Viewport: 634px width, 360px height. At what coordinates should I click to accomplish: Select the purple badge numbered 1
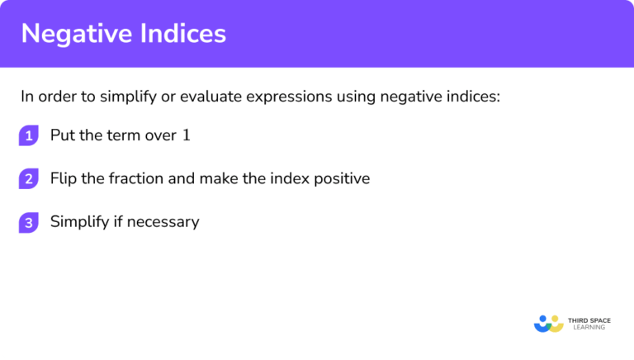[x=29, y=136]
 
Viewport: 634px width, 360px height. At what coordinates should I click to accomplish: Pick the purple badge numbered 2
[x=29, y=179]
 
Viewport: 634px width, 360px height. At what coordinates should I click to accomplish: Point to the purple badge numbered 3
[x=29, y=222]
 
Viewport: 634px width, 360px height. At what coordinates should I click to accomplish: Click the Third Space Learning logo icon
[x=548, y=323]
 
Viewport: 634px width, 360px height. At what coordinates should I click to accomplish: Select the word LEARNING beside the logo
[x=586, y=328]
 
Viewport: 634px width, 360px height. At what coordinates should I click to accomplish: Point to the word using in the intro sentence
[x=355, y=97]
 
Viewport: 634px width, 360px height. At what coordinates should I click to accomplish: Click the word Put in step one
[x=62, y=135]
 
